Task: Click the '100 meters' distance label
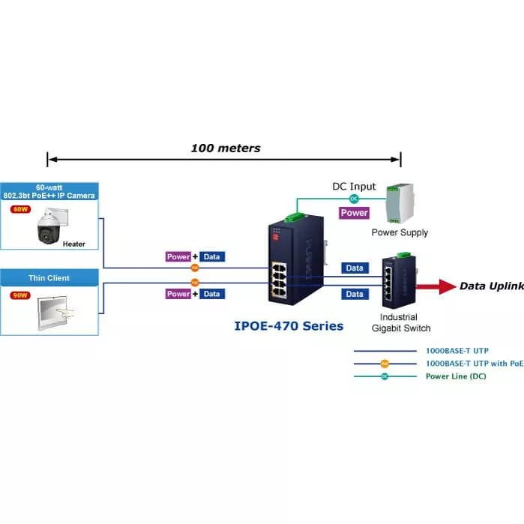point(225,148)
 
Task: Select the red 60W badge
point(19,210)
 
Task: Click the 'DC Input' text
point(354,187)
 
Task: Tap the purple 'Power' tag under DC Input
point(354,213)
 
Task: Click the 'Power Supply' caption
point(400,232)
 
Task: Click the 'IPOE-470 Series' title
point(289,326)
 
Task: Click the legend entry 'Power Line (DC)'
point(455,376)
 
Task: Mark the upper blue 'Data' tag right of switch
point(355,268)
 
